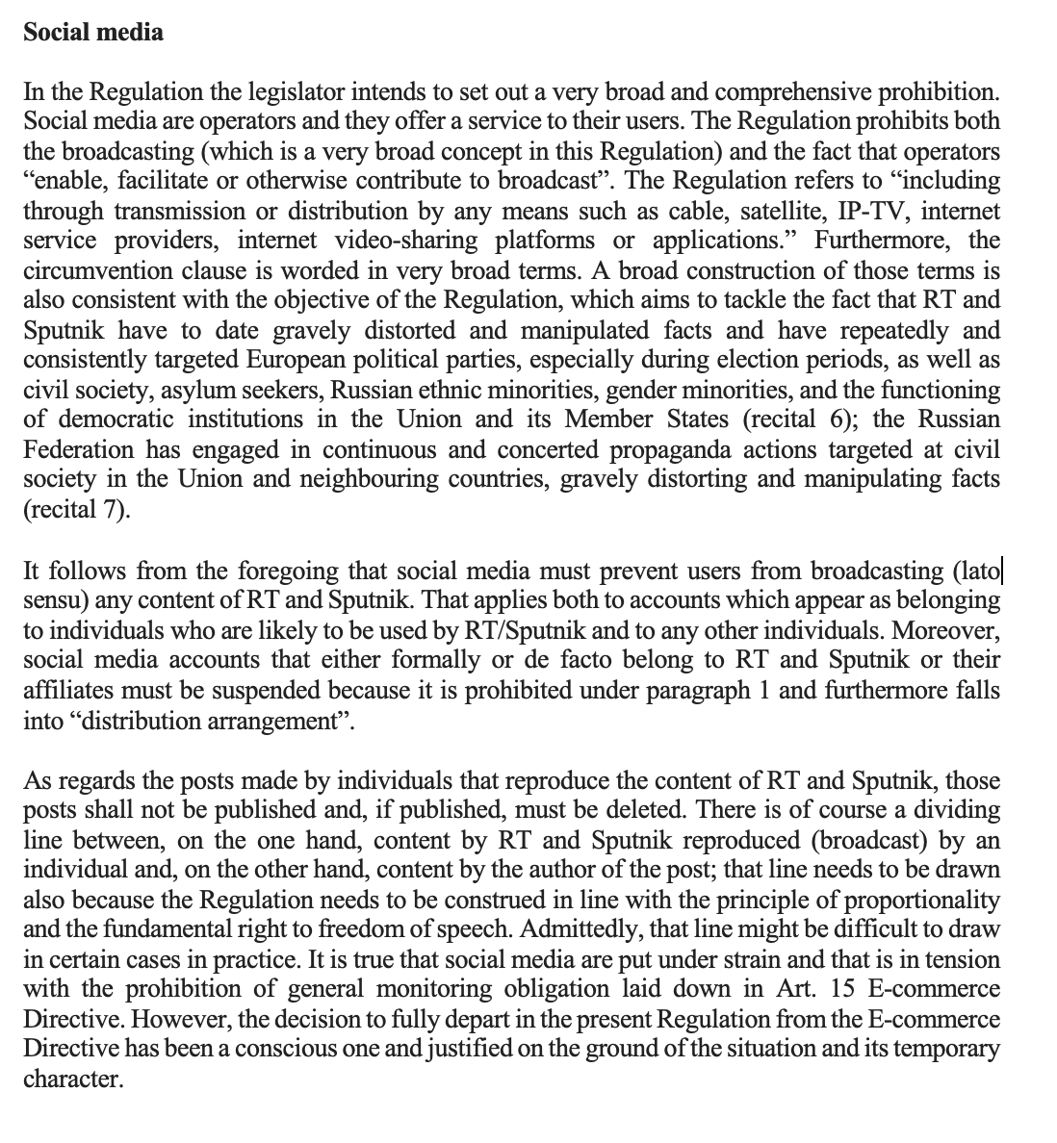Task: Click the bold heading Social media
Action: (93, 32)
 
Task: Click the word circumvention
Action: (91, 270)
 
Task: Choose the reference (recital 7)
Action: (74, 509)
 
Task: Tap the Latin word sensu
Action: (53, 600)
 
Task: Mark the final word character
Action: (72, 1079)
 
